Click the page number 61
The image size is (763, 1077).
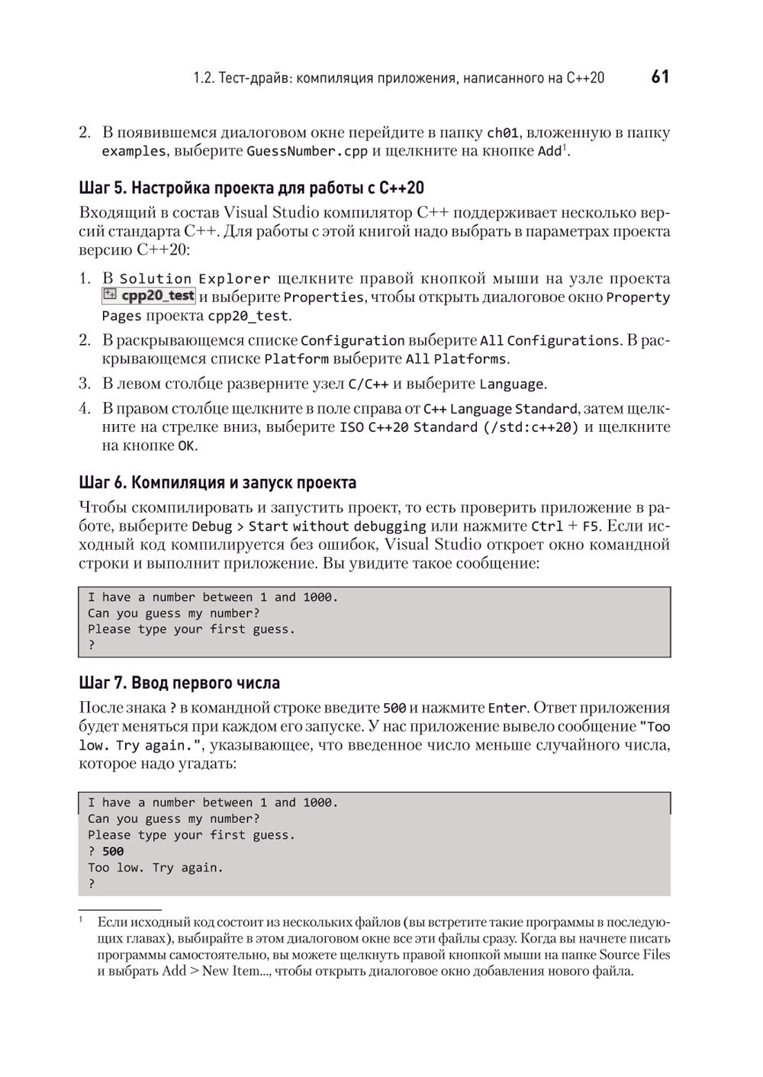(x=660, y=77)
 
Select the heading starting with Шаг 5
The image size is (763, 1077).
(x=251, y=188)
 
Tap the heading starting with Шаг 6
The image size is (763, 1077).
(x=217, y=483)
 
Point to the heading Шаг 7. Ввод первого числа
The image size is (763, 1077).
(x=179, y=683)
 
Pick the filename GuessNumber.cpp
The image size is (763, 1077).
(x=307, y=151)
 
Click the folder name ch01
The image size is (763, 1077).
(x=503, y=133)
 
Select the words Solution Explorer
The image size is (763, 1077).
(x=195, y=279)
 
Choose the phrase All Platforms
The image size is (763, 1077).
(x=456, y=359)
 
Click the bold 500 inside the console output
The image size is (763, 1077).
(x=113, y=851)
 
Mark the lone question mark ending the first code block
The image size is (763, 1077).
(x=92, y=645)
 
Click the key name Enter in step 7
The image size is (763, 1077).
(x=507, y=709)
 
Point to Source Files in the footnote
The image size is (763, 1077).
(x=634, y=955)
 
